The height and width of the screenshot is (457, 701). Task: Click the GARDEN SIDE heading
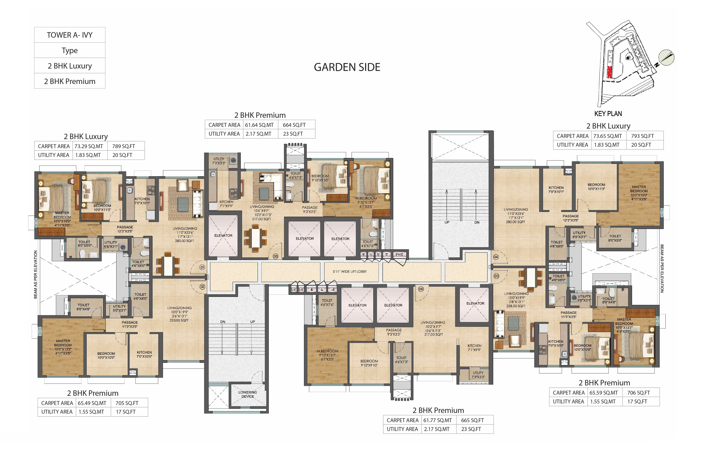tap(347, 67)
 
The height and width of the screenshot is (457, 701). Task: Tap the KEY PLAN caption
tap(608, 114)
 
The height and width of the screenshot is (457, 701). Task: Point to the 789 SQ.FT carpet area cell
tap(124, 146)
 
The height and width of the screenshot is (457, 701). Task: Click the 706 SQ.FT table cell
tap(638, 393)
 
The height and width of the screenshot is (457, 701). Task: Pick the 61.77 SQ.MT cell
tap(437, 420)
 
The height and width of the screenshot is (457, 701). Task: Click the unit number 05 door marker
tap(275, 256)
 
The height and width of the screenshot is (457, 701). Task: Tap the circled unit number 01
tap(202, 267)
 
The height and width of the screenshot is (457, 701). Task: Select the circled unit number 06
tap(421, 289)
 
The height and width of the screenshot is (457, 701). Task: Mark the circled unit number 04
tap(496, 257)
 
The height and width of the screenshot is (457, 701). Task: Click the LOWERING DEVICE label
tap(247, 394)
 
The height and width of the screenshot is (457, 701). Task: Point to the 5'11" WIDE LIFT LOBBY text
tap(350, 271)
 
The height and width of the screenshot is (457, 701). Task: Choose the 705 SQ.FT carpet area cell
tap(127, 403)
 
